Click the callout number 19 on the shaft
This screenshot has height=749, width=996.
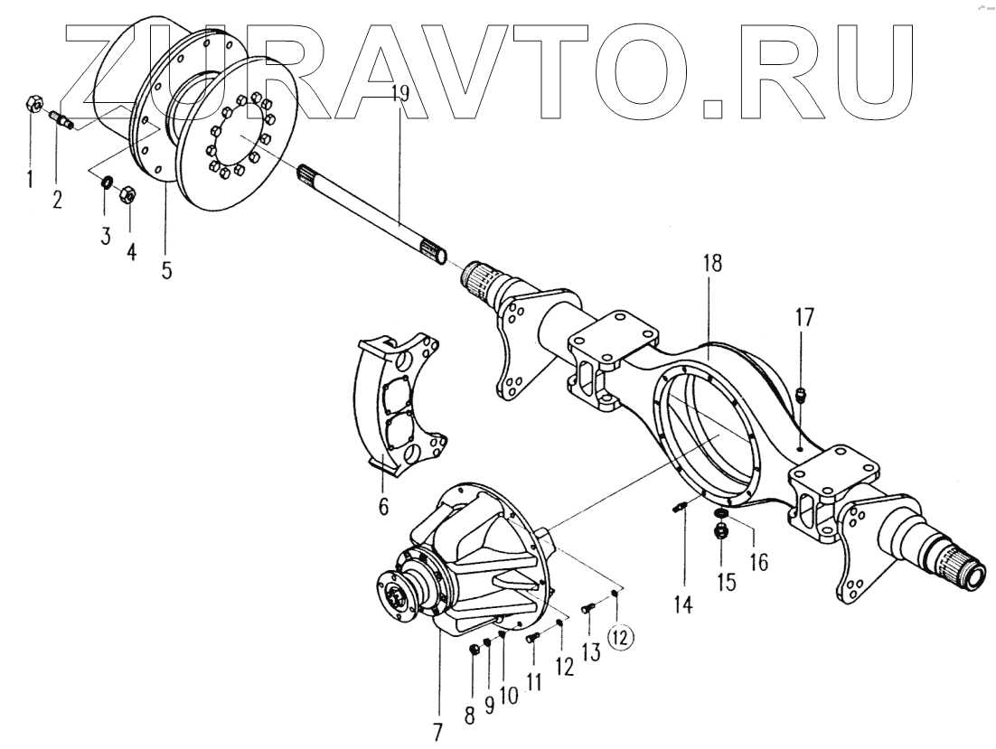click(x=401, y=91)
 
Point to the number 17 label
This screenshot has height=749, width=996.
click(x=804, y=316)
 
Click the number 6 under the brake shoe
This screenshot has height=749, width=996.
click(x=383, y=507)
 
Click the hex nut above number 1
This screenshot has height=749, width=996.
click(x=29, y=105)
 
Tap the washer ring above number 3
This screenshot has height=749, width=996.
click(x=106, y=185)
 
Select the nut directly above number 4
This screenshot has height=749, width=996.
click(x=127, y=192)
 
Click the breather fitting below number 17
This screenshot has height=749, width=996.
click(x=803, y=394)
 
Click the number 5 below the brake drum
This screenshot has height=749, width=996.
click(x=166, y=271)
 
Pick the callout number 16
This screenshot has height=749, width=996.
click(x=757, y=562)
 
